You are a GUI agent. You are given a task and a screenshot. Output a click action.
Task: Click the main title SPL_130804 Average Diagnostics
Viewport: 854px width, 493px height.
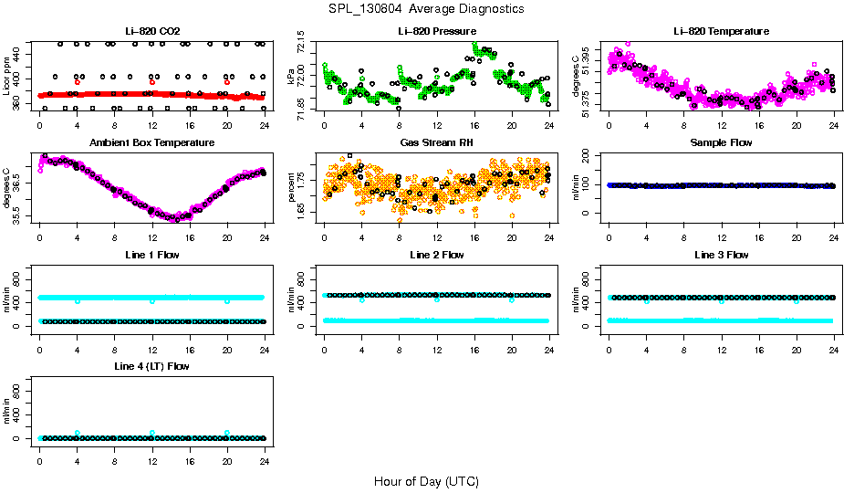427,8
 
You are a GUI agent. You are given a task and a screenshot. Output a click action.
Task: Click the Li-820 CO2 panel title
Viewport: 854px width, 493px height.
151,32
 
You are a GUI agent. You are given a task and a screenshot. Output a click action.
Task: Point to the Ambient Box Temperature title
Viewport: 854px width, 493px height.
151,143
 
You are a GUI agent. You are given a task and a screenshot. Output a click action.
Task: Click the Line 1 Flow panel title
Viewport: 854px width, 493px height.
151,255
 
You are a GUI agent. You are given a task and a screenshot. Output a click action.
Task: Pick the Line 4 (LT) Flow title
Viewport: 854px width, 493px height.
151,366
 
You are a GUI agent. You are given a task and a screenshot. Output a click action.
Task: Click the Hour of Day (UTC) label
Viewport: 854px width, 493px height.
426,481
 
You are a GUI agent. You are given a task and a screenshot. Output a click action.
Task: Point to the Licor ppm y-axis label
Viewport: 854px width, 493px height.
8,75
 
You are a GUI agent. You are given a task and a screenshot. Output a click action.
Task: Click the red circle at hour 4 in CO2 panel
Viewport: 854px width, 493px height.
78,82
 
